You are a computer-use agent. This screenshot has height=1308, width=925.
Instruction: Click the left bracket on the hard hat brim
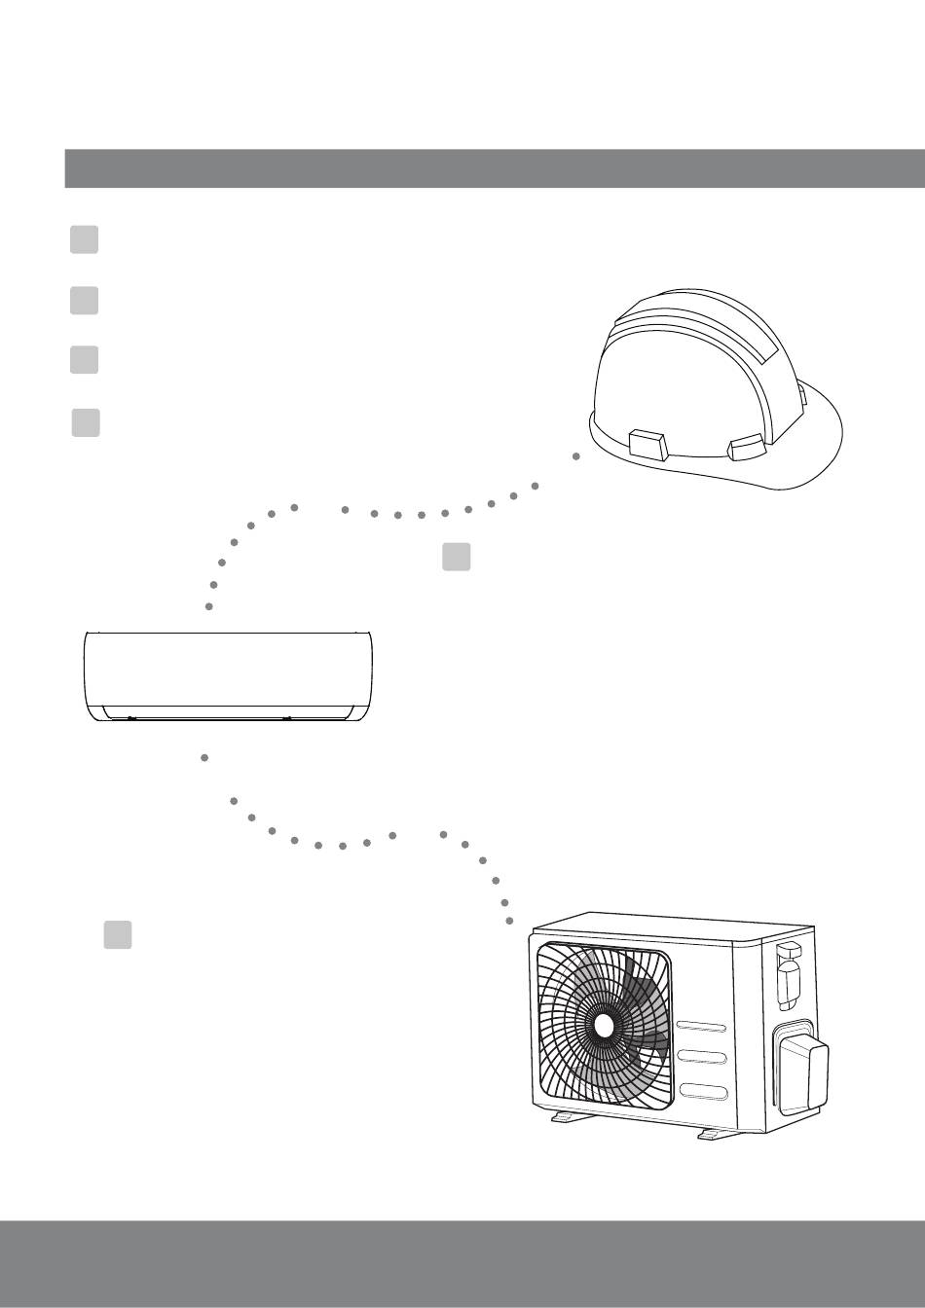coord(648,446)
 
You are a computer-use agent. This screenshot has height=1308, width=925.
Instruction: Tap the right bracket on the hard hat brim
coord(747,447)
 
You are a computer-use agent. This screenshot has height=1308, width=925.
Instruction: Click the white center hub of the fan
coord(604,1026)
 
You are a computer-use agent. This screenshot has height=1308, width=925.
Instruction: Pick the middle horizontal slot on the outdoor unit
coord(702,1058)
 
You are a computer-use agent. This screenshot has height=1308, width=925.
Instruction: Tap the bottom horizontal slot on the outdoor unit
coord(702,1090)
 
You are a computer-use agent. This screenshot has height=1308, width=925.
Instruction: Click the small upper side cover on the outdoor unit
coord(789,973)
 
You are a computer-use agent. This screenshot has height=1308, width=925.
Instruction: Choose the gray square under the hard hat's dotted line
coord(457,557)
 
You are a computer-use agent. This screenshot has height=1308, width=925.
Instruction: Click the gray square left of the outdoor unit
coord(118,934)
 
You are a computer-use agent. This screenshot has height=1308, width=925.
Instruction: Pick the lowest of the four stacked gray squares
coord(86,423)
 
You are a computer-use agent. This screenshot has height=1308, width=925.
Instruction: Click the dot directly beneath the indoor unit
coord(204,756)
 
